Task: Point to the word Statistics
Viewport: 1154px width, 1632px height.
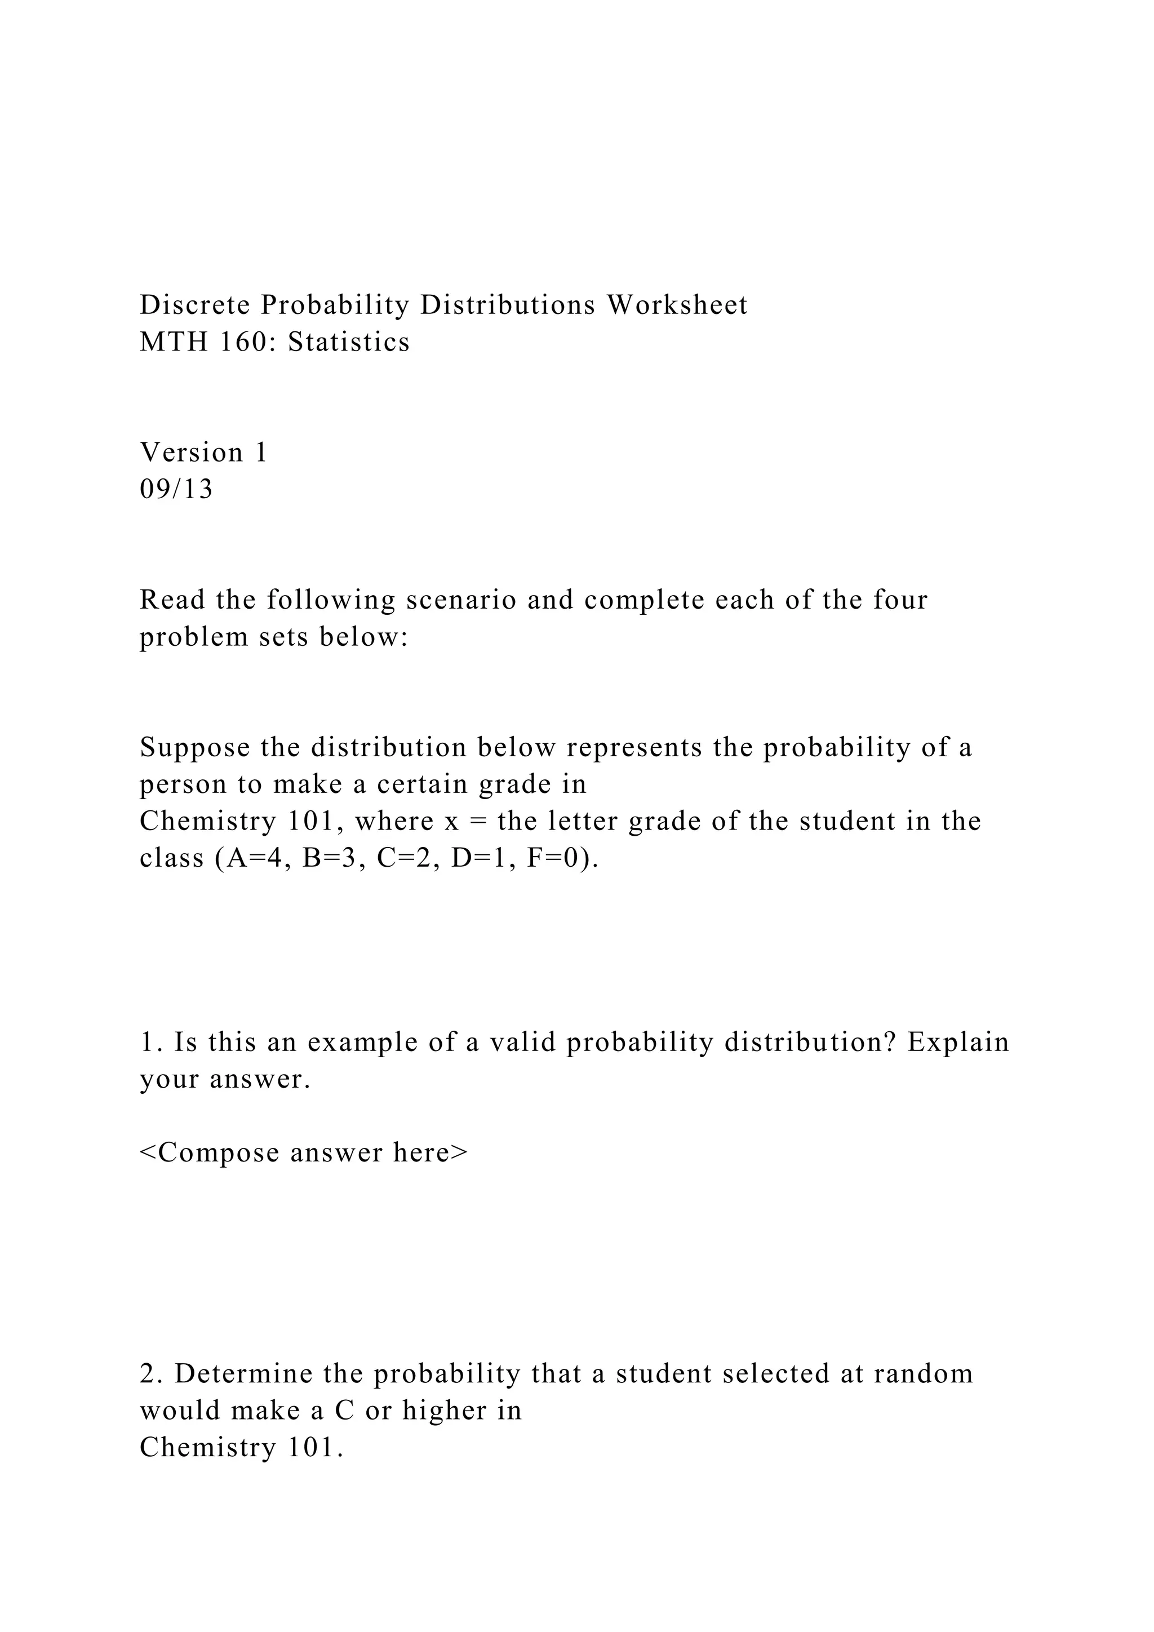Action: tap(349, 342)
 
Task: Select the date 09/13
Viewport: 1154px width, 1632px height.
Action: tap(176, 490)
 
